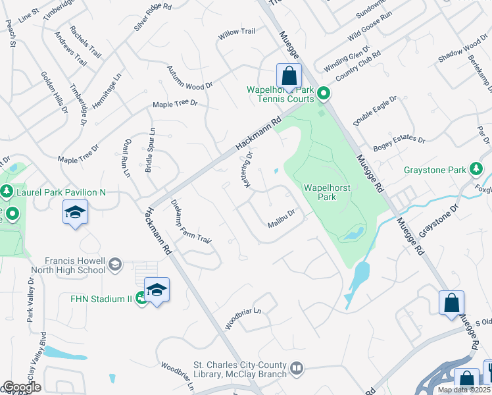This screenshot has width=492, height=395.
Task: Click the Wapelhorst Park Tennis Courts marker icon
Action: (323, 95)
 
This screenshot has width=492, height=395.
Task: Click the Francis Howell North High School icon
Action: (114, 265)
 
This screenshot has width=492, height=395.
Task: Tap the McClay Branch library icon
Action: (297, 368)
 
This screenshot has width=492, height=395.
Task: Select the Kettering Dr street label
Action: (249, 170)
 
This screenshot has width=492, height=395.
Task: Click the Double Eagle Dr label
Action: (375, 111)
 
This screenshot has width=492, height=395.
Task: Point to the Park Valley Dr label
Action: (30, 300)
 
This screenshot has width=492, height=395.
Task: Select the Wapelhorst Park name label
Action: (327, 192)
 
